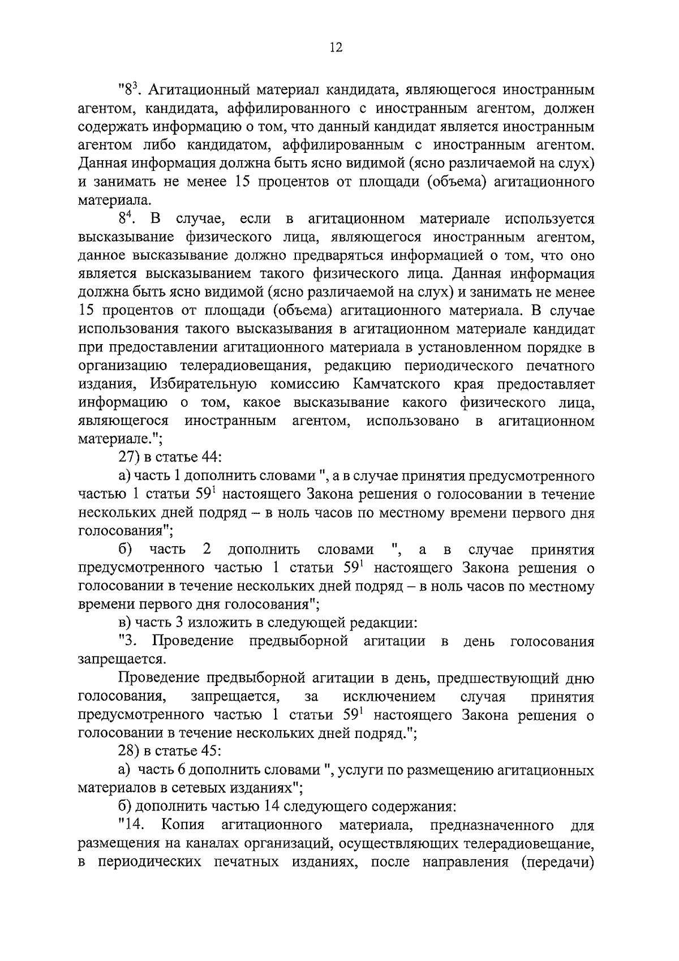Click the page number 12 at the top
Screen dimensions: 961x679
[x=336, y=48]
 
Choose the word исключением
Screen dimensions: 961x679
[x=389, y=697]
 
